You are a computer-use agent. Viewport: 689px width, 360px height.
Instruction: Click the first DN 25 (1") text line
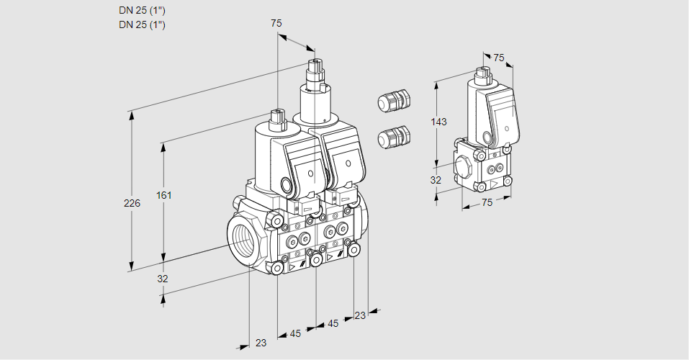[x=143, y=11]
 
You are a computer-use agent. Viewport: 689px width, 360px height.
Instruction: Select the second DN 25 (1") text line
[x=143, y=24]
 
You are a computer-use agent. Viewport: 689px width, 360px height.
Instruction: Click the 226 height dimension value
[x=132, y=204]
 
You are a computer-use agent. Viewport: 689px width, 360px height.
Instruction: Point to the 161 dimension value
[x=165, y=195]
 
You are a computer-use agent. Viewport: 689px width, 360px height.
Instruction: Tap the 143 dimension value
[x=438, y=122]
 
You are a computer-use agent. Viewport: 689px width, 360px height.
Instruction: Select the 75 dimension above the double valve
[x=276, y=23]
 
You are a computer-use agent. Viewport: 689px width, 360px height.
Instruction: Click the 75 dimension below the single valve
[x=487, y=202]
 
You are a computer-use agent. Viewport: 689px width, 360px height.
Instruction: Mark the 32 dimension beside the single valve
[x=436, y=180]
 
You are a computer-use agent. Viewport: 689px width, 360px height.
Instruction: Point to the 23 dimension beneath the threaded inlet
[x=261, y=343]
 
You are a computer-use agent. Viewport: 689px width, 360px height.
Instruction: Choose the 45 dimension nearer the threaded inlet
[x=295, y=333]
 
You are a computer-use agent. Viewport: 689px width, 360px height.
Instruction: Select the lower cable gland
[x=394, y=136]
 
